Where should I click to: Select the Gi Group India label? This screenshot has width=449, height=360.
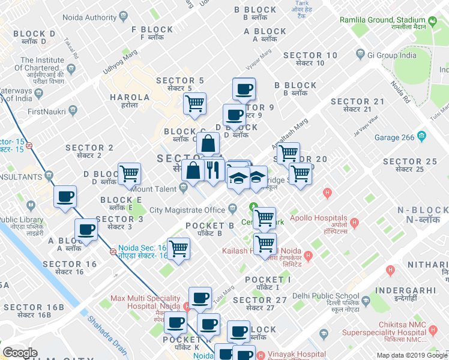click(391, 55)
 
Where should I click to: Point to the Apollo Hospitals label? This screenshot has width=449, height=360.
click(318, 218)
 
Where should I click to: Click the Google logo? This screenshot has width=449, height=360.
click(20, 353)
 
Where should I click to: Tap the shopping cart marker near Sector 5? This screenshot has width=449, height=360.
click(194, 103)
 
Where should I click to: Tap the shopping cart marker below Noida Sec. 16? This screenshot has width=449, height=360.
click(178, 248)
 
